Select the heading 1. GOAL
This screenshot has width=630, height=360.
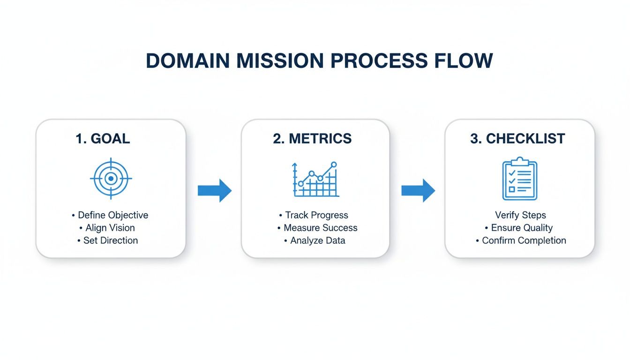103,139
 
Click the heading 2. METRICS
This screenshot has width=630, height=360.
312,139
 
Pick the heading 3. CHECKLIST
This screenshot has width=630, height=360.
517,139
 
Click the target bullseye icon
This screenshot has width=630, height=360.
111,179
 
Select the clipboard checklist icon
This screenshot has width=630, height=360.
519,180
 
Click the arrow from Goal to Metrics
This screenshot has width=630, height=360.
214,190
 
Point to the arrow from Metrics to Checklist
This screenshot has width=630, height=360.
418,190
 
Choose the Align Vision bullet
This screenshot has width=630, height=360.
110,228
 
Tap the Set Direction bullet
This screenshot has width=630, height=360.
110,240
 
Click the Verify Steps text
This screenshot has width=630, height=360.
520,215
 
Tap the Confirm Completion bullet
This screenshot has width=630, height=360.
524,240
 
